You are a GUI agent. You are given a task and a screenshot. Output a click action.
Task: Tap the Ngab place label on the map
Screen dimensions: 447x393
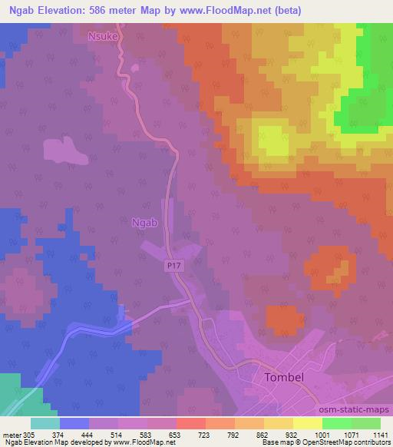pos(144,223)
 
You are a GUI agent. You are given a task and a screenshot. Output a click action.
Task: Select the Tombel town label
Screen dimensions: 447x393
pos(286,378)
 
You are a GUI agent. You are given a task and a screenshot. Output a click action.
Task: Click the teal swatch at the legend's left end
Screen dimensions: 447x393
pos(45,422)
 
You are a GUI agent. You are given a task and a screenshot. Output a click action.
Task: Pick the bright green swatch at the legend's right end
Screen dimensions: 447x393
pos(365,422)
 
